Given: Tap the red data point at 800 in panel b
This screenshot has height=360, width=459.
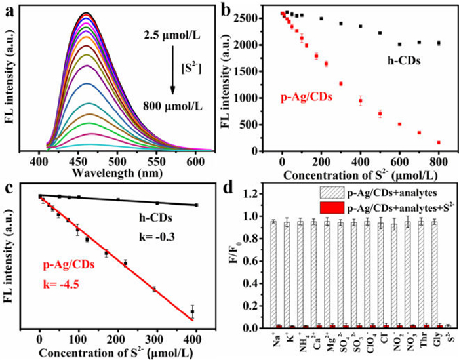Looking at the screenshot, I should [x=439, y=142].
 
